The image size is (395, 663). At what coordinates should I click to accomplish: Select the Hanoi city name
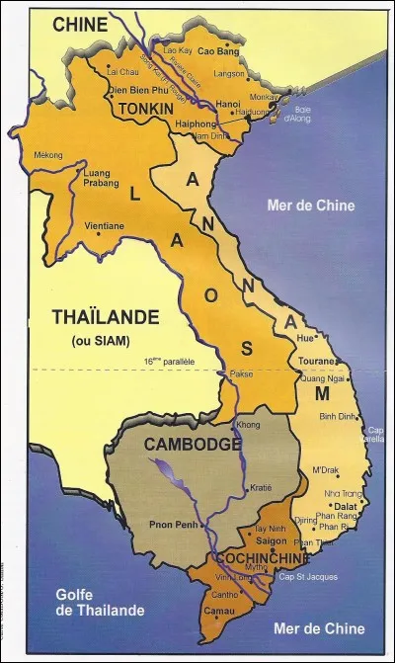coord(228,103)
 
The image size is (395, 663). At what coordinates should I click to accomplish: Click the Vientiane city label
coord(105,225)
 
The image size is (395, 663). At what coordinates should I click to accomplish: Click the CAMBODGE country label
coord(193,445)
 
